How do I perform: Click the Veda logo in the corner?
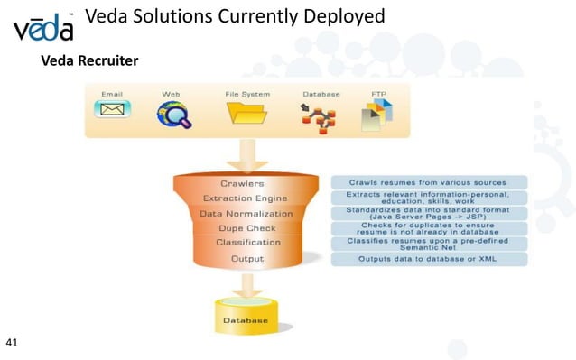[43, 28]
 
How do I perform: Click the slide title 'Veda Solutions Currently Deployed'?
[234, 16]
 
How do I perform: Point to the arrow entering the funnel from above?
[246, 154]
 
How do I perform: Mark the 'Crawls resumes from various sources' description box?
[429, 182]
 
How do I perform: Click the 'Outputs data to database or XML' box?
[429, 259]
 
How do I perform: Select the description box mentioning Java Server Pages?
[429, 213]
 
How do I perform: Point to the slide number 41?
[12, 343]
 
